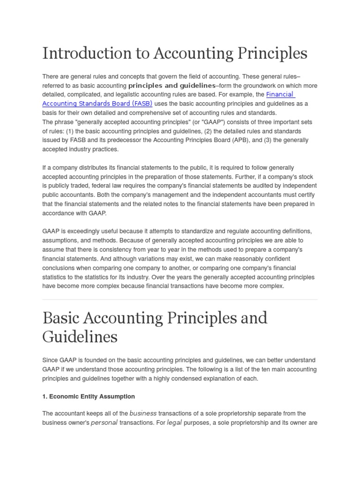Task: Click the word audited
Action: [x=251, y=186]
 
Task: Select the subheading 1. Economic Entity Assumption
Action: [x=89, y=397]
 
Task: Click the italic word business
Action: [x=143, y=413]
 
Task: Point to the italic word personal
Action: [x=104, y=423]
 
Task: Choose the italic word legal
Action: [x=174, y=423]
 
